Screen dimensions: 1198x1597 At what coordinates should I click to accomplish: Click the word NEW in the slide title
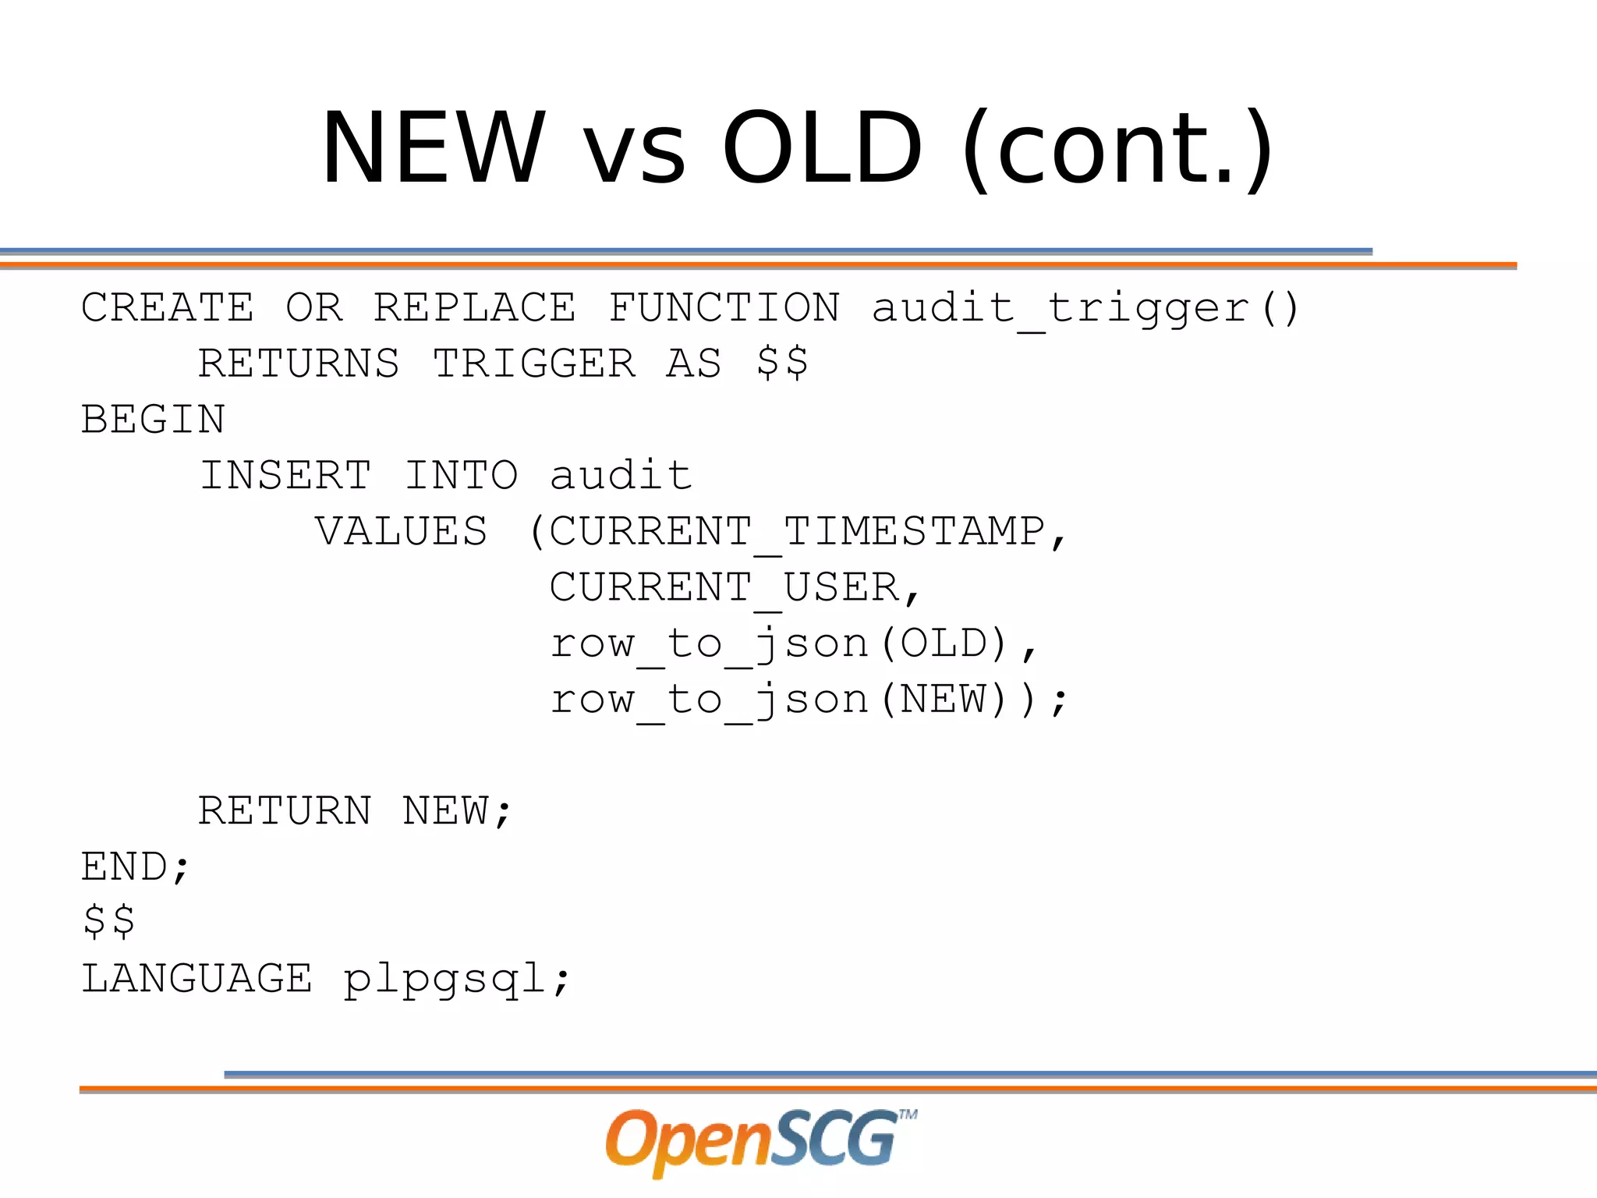click(433, 148)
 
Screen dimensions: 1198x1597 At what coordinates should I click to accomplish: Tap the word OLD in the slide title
click(823, 148)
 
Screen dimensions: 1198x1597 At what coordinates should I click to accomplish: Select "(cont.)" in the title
click(1117, 148)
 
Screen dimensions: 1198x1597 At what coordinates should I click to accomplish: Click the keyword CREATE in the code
click(168, 307)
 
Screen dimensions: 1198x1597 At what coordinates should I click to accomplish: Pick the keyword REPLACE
click(474, 307)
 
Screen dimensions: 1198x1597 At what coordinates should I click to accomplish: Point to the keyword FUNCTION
click(724, 307)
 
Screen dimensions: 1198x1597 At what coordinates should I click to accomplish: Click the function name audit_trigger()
click(1084, 307)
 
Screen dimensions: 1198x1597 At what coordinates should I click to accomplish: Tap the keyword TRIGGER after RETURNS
click(534, 363)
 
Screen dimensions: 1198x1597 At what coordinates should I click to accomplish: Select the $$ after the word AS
click(782, 363)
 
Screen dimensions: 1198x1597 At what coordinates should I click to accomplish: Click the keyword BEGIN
click(154, 420)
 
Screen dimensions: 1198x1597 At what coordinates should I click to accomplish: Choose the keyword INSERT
click(285, 476)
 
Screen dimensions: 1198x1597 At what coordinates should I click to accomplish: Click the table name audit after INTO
click(621, 476)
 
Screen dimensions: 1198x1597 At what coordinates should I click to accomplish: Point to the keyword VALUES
click(402, 532)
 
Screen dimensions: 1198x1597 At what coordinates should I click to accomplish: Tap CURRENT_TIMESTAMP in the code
click(797, 532)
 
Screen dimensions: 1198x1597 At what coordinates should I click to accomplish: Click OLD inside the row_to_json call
click(944, 644)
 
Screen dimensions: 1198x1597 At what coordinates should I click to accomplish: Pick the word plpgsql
click(445, 980)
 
